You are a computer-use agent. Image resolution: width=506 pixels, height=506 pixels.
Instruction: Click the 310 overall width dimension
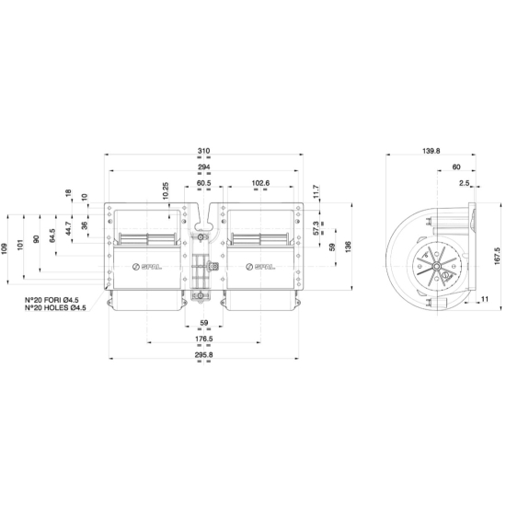point(203,150)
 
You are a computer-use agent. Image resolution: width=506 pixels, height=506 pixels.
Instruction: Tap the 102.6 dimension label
point(260,184)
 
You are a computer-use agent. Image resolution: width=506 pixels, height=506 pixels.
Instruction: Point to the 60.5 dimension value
point(203,184)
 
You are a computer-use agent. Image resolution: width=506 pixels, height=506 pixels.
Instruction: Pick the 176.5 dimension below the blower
point(203,339)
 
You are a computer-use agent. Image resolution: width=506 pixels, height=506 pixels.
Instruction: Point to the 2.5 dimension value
point(465,184)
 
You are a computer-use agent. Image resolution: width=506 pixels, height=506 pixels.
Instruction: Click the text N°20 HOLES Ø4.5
point(56,308)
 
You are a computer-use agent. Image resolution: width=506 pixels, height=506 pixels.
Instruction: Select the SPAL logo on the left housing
point(147,268)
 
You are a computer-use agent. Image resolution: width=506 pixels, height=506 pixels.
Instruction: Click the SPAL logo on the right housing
point(260,268)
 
